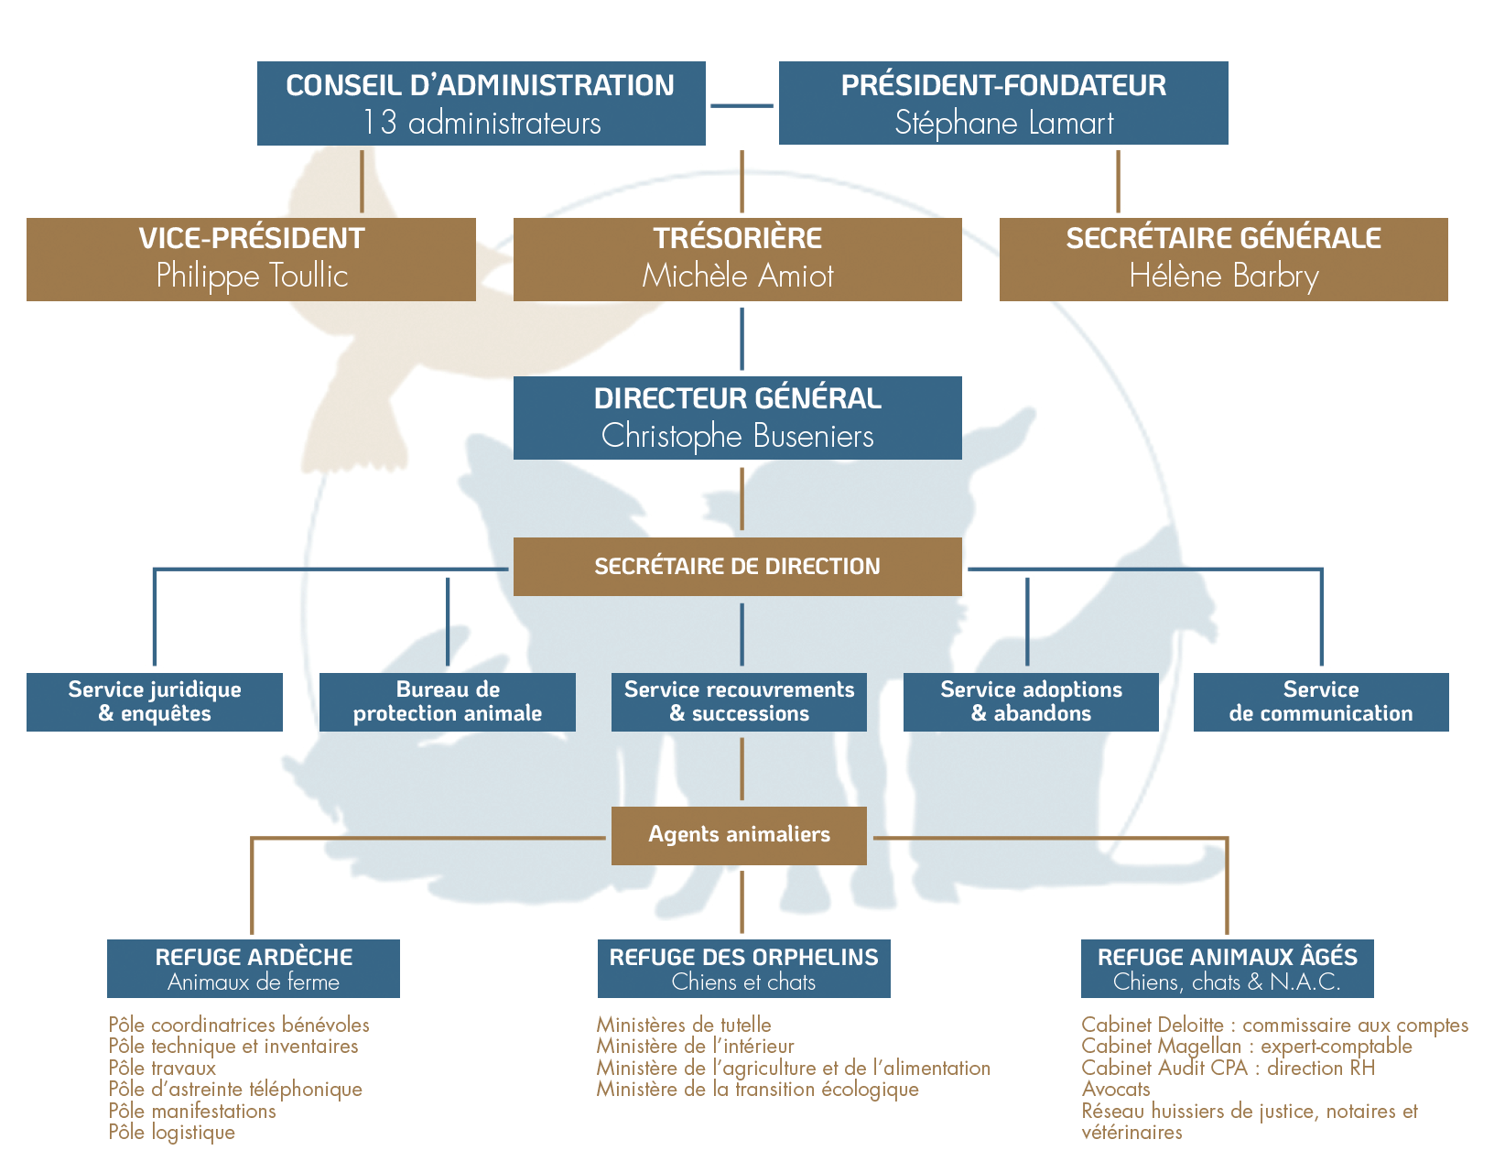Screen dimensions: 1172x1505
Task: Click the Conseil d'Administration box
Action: point(481,103)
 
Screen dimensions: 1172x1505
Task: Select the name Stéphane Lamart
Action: point(1003,124)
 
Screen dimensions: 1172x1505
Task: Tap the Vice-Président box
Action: point(251,259)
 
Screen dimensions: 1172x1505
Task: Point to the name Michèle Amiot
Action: point(737,276)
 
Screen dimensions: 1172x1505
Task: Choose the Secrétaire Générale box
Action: point(1223,259)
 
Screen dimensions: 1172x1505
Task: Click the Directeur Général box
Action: point(737,418)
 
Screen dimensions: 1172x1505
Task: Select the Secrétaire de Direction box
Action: point(737,567)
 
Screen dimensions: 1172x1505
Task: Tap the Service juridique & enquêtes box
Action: point(154,702)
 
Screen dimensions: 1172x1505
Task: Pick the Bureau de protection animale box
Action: point(447,702)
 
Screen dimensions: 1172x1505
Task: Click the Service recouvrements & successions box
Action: point(739,702)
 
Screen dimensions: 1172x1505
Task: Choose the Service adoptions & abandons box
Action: point(1031,702)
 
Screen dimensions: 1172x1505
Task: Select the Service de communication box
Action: point(1321,702)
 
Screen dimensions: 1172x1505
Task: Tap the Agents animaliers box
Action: point(739,835)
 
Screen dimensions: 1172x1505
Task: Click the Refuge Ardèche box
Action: point(254,969)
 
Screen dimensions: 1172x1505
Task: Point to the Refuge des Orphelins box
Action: point(743,969)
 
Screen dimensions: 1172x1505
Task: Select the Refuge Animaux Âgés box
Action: point(1227,969)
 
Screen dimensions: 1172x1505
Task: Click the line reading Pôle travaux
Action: point(162,1069)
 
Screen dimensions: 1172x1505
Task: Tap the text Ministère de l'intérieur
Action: point(695,1047)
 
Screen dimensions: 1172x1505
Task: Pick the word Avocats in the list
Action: point(1116,1090)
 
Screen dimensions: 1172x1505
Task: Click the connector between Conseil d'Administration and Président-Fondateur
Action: point(742,106)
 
